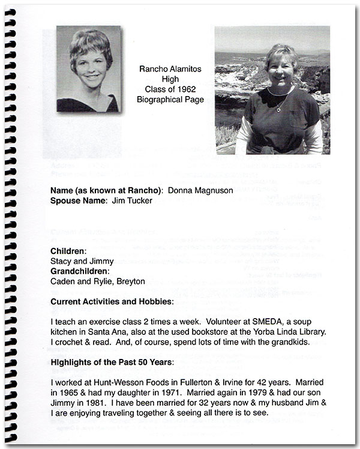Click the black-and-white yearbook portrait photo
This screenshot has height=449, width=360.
pos(89,68)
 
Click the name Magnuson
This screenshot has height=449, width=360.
pos(207,190)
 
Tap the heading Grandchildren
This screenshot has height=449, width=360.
pos(79,271)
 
